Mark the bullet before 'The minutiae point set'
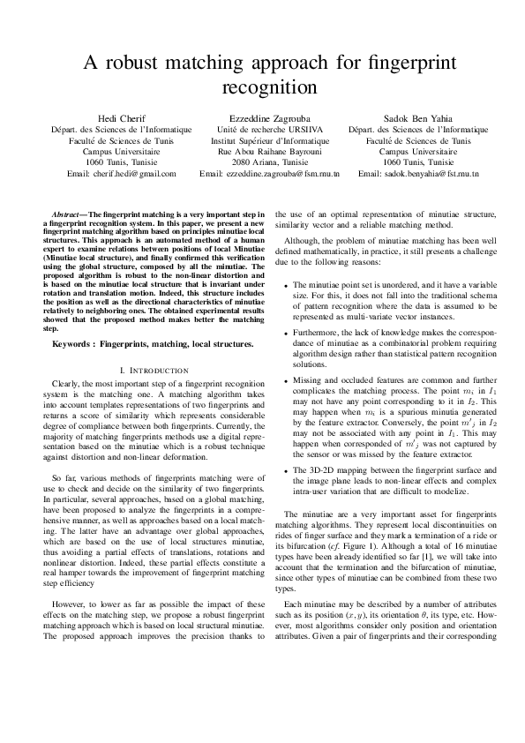pos(285,286)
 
